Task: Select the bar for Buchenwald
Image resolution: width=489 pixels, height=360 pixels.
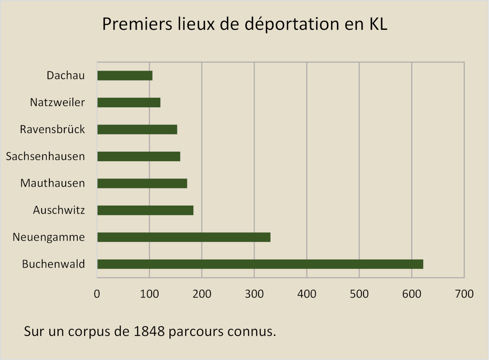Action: point(260,264)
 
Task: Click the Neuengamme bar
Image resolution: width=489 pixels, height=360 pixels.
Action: point(183,237)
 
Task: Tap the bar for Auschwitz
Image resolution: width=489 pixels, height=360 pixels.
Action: point(145,210)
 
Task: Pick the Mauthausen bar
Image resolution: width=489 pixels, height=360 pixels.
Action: point(142,183)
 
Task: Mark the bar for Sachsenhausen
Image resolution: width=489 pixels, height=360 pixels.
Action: point(139,156)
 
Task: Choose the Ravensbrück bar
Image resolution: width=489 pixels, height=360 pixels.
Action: point(137,130)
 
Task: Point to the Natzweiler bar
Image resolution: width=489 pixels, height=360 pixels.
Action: point(129,103)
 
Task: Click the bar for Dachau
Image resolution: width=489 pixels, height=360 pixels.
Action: point(125,76)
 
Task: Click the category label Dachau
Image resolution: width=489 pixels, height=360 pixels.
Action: point(66,76)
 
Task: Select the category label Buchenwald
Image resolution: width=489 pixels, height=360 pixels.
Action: point(53,264)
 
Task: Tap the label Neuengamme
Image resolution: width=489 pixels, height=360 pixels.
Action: point(48,237)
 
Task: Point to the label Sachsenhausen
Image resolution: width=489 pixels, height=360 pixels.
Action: point(45,157)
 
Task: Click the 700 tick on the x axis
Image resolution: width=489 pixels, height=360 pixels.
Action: point(464,294)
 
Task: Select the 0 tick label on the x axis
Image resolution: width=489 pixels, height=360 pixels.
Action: point(97,294)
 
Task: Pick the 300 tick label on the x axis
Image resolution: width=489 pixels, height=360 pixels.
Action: point(254,294)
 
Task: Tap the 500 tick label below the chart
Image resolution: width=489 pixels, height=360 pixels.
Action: point(359,294)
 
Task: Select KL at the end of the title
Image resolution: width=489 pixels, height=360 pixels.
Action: point(375,24)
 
